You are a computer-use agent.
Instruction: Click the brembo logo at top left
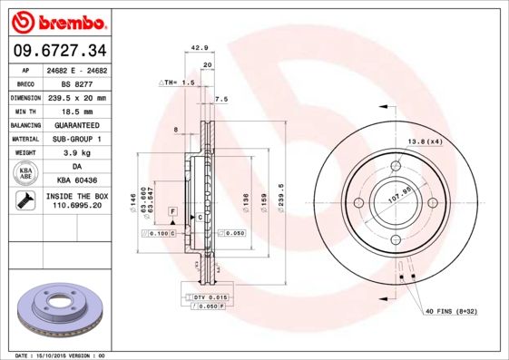57,21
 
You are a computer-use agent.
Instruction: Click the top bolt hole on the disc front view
396,166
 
